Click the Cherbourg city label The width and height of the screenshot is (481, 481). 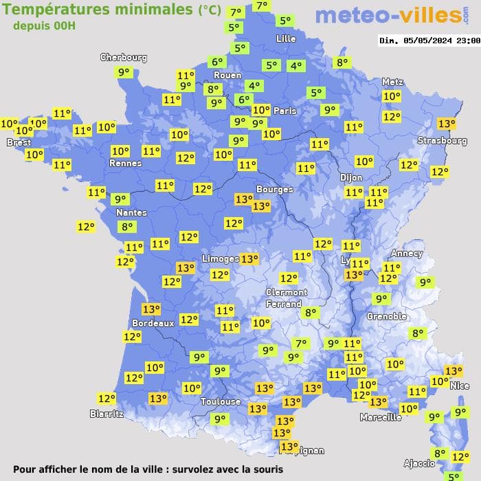[124, 58]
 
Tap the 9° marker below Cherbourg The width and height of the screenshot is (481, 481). [124, 72]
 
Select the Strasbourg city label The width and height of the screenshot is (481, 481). [442, 141]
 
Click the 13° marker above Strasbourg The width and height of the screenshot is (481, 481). [447, 124]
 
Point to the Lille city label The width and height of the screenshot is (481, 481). [285, 38]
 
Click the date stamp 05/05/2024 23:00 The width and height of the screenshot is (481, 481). [429, 41]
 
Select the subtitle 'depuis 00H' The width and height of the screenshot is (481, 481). [45, 25]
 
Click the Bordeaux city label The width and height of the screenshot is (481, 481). [153, 323]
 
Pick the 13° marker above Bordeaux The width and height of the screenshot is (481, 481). [151, 309]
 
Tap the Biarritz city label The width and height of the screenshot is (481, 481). [107, 414]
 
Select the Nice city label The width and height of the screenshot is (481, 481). [460, 386]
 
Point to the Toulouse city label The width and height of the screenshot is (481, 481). [221, 401]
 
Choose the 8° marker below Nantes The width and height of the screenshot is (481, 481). [126, 227]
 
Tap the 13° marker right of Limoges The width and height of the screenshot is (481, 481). [249, 259]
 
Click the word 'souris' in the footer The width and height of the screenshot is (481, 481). [267, 470]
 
